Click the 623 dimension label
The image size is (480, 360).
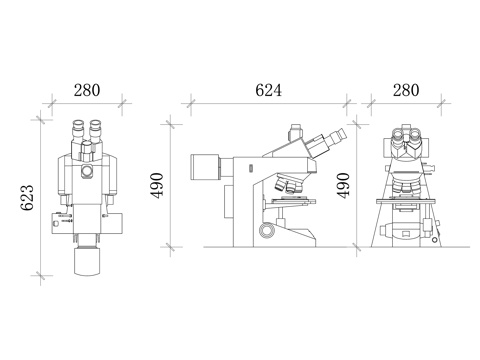pos(27,197)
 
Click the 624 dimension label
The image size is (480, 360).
pos(268,90)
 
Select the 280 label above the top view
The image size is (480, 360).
pos(87,90)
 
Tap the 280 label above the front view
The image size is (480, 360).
pos(406,90)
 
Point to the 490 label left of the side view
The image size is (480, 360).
pos(157,186)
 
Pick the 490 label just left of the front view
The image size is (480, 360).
pos(343,186)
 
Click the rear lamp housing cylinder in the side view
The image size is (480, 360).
pos(205,166)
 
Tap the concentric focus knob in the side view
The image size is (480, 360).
pos(267,230)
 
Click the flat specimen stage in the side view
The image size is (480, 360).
pos(293,201)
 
